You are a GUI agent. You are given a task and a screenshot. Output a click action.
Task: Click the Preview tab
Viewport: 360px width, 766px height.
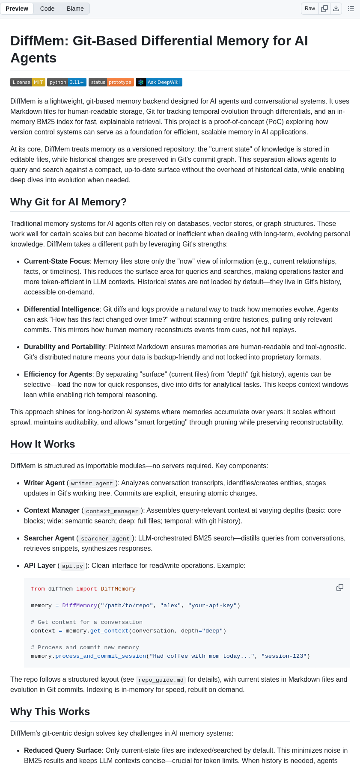tap(17, 9)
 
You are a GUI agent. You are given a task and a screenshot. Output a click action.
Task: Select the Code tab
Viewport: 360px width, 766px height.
tap(47, 9)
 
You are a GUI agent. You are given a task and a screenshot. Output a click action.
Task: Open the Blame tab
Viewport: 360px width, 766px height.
tap(75, 9)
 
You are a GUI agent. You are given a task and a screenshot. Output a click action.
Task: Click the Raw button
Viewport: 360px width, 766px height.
tap(310, 9)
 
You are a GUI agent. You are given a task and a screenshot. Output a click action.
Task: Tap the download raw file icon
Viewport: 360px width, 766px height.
tap(336, 9)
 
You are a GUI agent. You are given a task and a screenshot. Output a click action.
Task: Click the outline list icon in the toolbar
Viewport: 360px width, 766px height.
tap(351, 9)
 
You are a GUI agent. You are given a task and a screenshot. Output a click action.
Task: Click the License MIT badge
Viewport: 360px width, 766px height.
tap(28, 82)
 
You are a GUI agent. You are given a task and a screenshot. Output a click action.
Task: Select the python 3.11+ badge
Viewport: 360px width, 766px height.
tap(67, 82)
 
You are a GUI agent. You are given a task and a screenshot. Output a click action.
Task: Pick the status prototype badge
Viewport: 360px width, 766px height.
tap(111, 82)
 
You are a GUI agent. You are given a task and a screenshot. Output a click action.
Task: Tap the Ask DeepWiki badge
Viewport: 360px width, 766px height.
tap(159, 82)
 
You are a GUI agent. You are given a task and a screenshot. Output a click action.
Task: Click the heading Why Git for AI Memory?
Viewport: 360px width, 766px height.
tap(68, 202)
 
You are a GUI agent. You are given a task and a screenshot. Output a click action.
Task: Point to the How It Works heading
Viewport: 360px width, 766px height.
tap(43, 444)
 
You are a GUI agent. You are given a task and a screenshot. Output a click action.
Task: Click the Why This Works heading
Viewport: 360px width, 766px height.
tap(50, 712)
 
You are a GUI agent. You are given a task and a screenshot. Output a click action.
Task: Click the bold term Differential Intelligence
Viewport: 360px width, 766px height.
tap(62, 309)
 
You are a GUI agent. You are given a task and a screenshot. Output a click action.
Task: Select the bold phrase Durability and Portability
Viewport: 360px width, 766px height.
tap(65, 347)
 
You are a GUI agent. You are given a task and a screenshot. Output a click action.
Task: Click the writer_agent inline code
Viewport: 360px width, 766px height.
tap(92, 484)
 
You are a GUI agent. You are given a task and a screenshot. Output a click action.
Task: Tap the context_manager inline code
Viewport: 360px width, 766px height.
tap(112, 511)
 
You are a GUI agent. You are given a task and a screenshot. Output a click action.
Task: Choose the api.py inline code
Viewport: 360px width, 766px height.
tap(73, 566)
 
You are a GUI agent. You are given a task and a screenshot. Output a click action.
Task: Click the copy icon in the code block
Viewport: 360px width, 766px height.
tap(340, 588)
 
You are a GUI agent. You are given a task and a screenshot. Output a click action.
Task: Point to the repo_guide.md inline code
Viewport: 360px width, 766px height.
tap(161, 680)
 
